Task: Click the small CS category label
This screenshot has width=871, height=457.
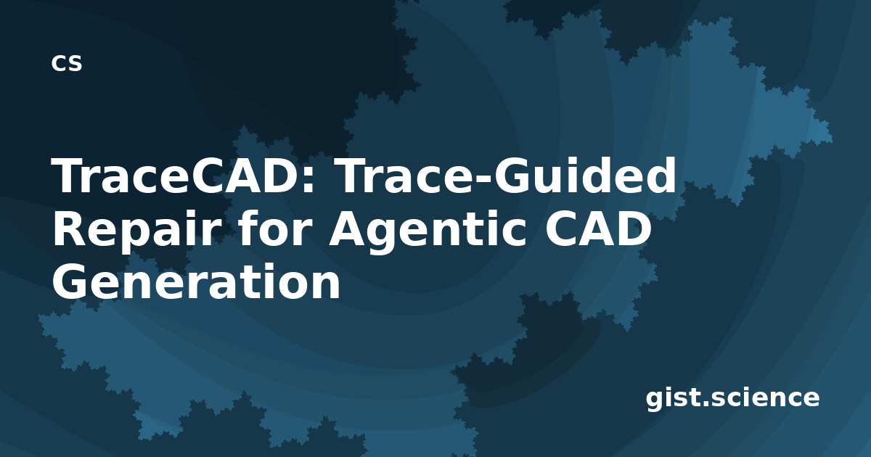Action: click(x=67, y=63)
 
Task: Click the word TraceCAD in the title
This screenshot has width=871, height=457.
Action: click(x=178, y=176)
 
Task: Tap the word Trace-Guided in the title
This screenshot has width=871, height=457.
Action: click(x=507, y=176)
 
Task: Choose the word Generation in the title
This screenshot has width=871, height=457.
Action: click(x=197, y=281)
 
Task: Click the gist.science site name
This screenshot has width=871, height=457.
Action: click(x=732, y=399)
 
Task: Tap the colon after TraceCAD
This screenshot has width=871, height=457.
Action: click(x=309, y=182)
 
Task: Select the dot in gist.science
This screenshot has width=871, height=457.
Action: click(x=707, y=404)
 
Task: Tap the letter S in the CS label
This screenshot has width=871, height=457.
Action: click(x=75, y=64)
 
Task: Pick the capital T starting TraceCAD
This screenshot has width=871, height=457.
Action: click(x=68, y=176)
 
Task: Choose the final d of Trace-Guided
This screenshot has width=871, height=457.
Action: click(x=663, y=175)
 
